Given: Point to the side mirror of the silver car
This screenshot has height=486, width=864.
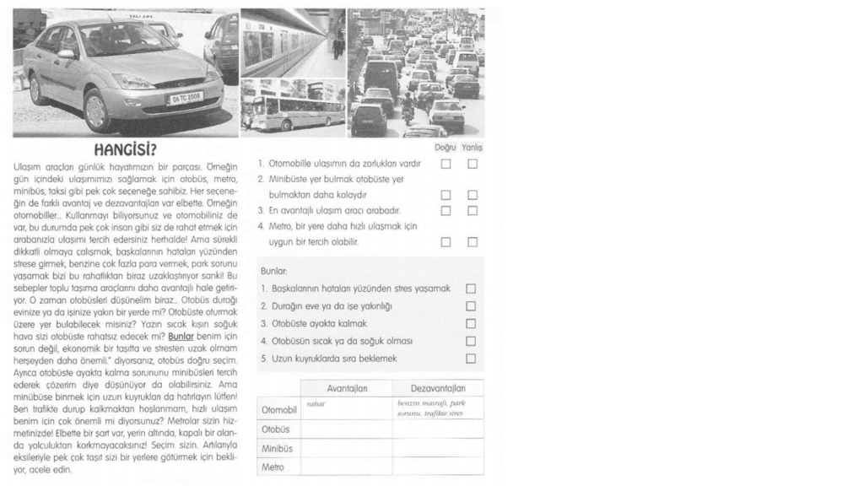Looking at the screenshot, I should click(66, 54).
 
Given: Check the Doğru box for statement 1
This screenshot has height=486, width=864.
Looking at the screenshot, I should click(445, 164).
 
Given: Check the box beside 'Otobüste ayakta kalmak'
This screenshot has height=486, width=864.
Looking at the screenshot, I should click(472, 323).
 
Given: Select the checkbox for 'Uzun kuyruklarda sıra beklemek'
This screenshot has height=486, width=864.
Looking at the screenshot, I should click(472, 359).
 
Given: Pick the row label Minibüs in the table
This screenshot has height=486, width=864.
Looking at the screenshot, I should click(278, 448).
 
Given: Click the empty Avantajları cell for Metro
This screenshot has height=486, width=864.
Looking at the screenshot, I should click(346, 466).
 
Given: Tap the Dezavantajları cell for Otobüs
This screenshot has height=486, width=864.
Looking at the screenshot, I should click(438, 429).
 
